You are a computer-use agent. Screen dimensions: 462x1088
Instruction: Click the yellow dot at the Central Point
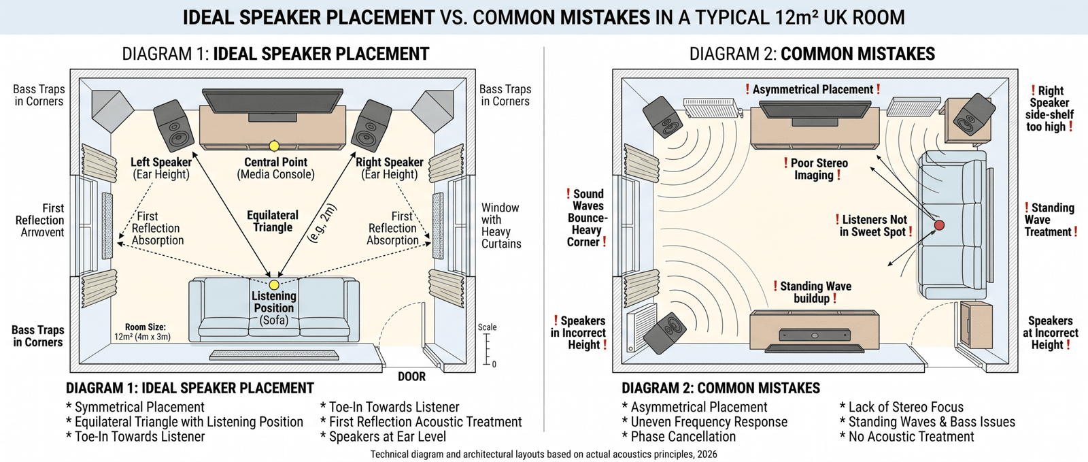(x=274, y=146)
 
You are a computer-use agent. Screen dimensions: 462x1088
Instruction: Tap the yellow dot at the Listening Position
(x=274, y=285)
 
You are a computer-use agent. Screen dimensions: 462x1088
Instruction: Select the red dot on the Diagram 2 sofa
(x=939, y=225)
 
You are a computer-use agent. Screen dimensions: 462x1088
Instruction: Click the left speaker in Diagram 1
(x=174, y=126)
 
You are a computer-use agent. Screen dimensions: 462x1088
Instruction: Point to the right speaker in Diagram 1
(x=371, y=126)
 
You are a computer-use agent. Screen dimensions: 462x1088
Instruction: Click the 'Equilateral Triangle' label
(x=273, y=221)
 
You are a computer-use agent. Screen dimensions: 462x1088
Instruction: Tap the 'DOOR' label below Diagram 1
(x=411, y=377)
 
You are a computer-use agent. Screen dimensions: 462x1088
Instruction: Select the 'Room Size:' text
(x=145, y=327)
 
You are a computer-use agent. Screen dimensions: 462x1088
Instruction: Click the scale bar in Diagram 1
(x=487, y=348)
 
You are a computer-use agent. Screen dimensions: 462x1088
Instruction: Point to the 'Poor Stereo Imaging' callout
(x=816, y=169)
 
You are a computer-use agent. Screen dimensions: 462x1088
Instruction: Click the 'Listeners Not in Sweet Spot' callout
(x=874, y=225)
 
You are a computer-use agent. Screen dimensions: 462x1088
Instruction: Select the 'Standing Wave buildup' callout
(x=814, y=292)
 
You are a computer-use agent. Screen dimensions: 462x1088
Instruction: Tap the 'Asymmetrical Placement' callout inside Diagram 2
(x=813, y=89)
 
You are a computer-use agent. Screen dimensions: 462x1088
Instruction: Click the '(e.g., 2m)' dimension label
(x=322, y=223)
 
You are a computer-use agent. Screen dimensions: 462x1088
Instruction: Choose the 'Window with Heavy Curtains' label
(x=501, y=225)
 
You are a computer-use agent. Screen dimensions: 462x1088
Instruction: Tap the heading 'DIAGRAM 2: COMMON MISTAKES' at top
(x=812, y=54)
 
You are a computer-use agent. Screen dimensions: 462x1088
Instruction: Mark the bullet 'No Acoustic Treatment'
(x=911, y=437)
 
